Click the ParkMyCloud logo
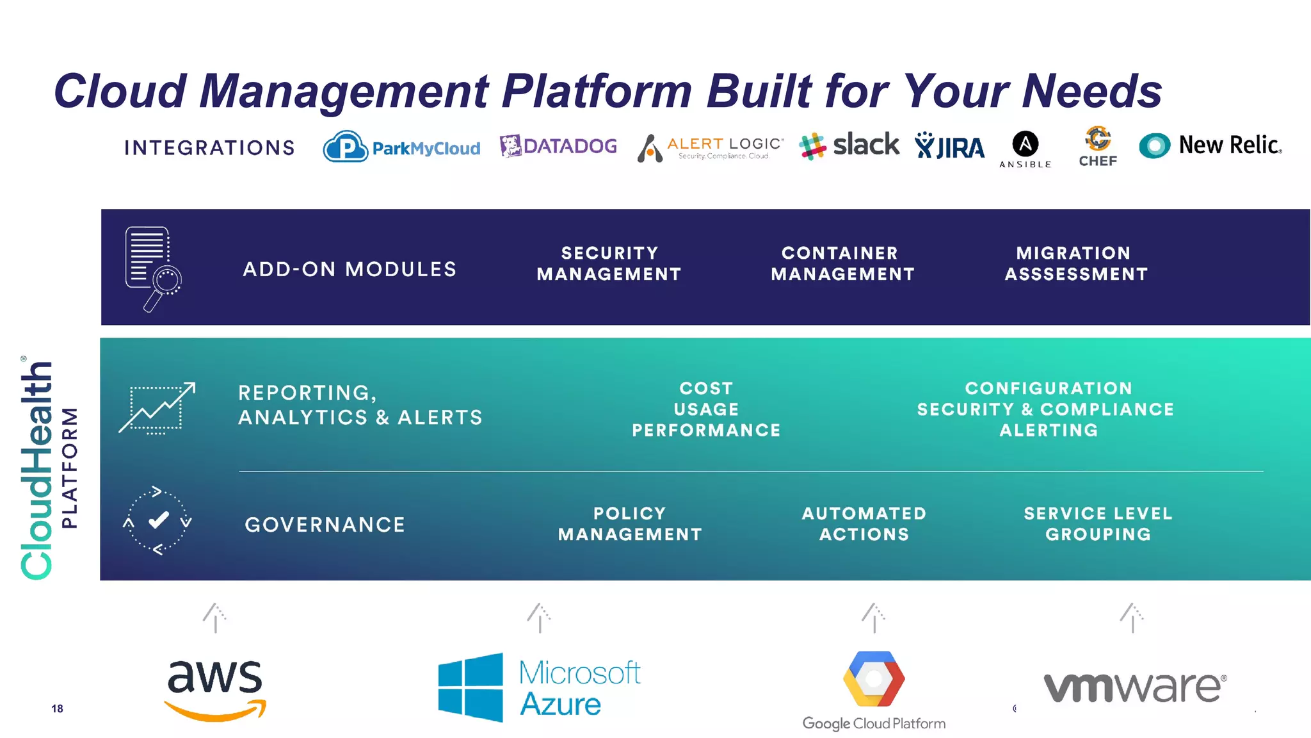pos(401,147)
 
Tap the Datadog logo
pos(558,146)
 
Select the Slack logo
pos(849,145)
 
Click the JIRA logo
pos(949,147)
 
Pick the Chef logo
pos(1098,147)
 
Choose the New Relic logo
pos(1210,145)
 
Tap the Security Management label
pos(609,263)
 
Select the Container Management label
pos(842,263)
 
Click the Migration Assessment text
pos(1076,263)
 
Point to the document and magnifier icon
pos(153,268)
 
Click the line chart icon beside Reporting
pos(157,408)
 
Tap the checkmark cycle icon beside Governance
pos(157,520)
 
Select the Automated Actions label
pos(864,523)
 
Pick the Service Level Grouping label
pos(1098,523)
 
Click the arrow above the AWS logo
pos(215,618)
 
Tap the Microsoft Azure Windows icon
pos(471,687)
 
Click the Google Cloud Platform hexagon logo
pos(874,678)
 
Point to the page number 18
pos(57,709)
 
